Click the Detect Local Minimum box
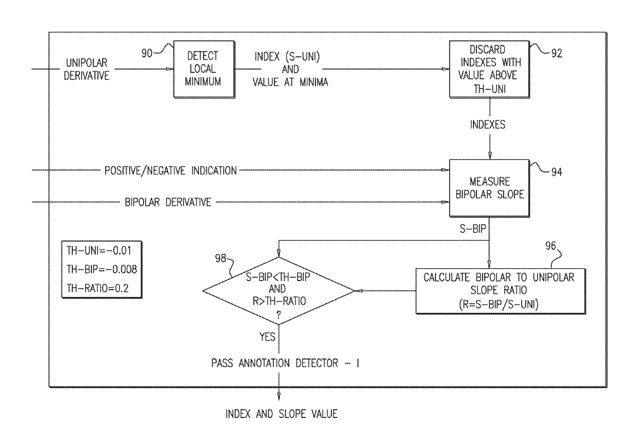tap(204, 69)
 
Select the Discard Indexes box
tap(489, 69)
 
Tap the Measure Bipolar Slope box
tap(489, 188)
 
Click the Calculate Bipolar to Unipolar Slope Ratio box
tap(501, 291)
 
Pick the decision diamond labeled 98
tap(279, 291)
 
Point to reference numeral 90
tap(147, 53)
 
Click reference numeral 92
tap(557, 53)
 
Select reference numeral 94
tap(557, 172)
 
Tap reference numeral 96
tap(550, 246)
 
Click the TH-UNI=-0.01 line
tap(99, 251)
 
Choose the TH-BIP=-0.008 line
tap(102, 269)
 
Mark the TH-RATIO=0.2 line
tap(97, 288)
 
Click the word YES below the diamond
tap(267, 337)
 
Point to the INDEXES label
tap(488, 125)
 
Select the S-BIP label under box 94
tap(473, 229)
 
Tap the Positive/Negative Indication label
tap(170, 171)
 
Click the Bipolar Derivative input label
tap(168, 203)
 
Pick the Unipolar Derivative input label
tap(87, 69)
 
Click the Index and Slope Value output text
tap(282, 414)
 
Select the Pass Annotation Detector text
tap(285, 363)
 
